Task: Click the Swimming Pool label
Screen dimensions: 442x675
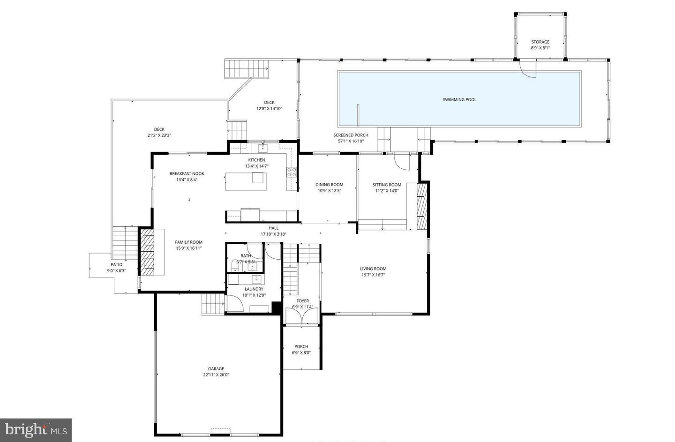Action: (459, 99)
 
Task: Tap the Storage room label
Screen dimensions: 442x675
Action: (540, 42)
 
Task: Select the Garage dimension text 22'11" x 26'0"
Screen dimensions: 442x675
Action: (216, 375)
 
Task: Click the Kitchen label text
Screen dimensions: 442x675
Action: (256, 160)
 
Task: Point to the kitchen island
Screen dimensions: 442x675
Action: (246, 181)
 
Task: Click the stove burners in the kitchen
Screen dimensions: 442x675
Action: (292, 172)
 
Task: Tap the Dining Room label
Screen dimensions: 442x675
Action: (329, 185)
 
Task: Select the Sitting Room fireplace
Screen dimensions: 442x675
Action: (422, 206)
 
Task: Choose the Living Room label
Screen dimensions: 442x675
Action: (373, 269)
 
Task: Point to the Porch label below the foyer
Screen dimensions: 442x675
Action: (301, 346)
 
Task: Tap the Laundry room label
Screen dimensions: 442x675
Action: (254, 289)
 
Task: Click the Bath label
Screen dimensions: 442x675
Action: (246, 255)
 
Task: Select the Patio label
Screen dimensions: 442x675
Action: (116, 264)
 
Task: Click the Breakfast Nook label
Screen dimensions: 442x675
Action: (187, 173)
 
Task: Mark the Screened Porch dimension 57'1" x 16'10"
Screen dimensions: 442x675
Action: (351, 141)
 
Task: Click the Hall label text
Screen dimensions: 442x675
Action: (273, 228)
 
